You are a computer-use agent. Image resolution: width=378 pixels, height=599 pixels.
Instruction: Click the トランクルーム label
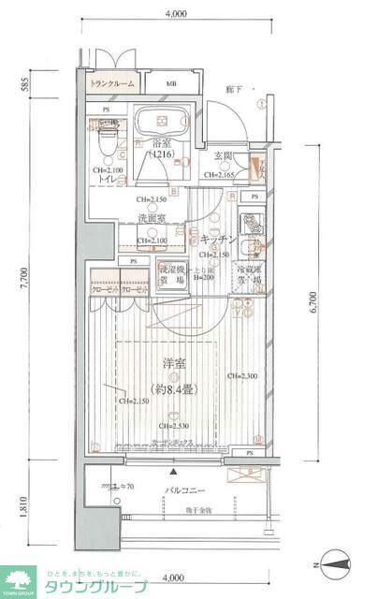(112, 84)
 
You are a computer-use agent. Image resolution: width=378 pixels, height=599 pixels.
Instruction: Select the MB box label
(171, 84)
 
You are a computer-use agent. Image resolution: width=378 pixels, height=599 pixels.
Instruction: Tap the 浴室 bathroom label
(161, 144)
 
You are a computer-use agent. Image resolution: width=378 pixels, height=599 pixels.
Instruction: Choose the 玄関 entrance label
(223, 156)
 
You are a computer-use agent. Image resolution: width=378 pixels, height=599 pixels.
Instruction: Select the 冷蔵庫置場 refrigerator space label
(246, 273)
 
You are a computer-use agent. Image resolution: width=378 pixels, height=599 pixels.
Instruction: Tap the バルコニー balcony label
(185, 490)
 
